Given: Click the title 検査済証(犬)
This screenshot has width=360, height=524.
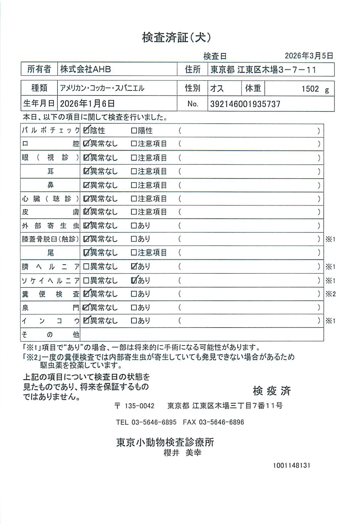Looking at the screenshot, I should pyautogui.click(x=176, y=37).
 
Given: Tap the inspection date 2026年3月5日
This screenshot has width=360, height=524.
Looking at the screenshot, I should pyautogui.click(x=309, y=56).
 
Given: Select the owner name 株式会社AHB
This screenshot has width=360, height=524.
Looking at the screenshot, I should pyautogui.click(x=85, y=69).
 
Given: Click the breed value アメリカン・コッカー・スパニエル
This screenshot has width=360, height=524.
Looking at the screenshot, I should pyautogui.click(x=102, y=88).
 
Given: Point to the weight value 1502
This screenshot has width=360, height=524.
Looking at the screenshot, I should pyautogui.click(x=310, y=89).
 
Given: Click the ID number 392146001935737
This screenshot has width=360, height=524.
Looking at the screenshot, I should pyautogui.click(x=245, y=104).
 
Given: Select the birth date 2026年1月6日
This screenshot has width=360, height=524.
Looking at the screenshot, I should pyautogui.click(x=87, y=104).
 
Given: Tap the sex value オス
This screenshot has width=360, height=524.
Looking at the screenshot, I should pyautogui.click(x=217, y=88).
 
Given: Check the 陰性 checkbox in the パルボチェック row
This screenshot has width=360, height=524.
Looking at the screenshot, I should pyautogui.click(x=86, y=130).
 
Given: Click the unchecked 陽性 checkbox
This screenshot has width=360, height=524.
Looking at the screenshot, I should pyautogui.click(x=134, y=131).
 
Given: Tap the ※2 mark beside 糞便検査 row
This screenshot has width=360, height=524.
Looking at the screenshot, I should pyautogui.click(x=330, y=294).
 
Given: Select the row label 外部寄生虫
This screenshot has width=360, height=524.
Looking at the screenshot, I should pyautogui.click(x=50, y=226).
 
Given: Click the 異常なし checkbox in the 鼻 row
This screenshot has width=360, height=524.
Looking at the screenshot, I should pyautogui.click(x=86, y=185).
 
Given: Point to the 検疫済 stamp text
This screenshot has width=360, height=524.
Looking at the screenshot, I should pyautogui.click(x=272, y=391).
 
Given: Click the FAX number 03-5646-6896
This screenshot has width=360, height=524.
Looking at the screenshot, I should pyautogui.click(x=221, y=422).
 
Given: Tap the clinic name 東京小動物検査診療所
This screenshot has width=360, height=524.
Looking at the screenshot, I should pyautogui.click(x=165, y=442).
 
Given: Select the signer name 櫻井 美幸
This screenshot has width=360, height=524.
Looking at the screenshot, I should pyautogui.click(x=182, y=453).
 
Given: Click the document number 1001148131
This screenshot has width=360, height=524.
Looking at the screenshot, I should pyautogui.click(x=292, y=466).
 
